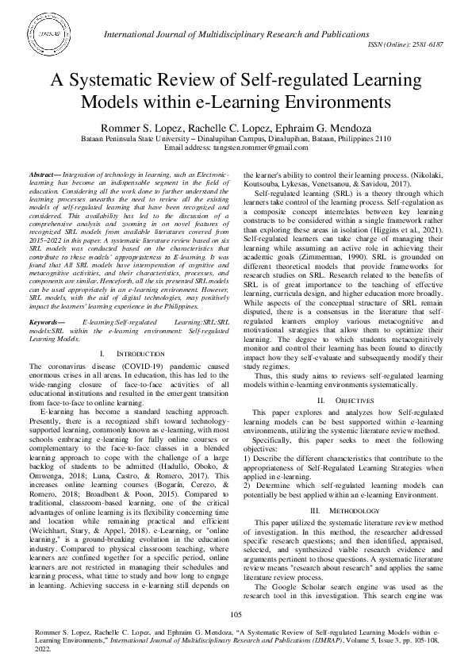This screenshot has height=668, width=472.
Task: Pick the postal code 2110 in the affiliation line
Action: point(380,138)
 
